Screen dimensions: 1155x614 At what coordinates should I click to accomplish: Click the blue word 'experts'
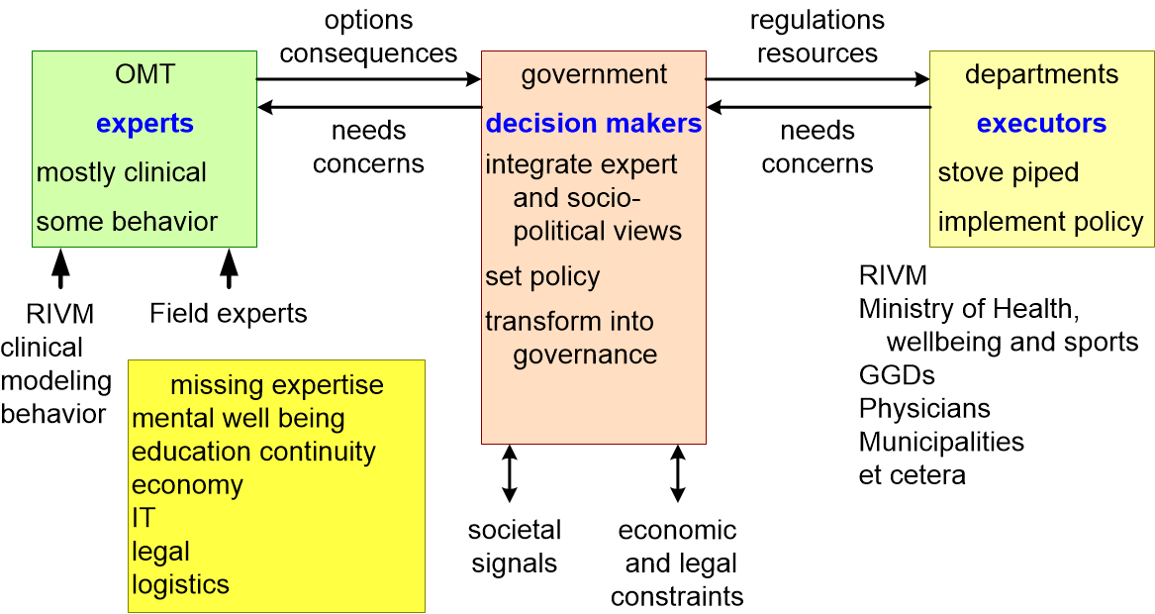pos(145,124)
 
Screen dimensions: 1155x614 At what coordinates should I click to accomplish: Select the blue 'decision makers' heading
pos(594,123)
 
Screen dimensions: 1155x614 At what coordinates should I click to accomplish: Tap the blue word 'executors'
pos(1041,123)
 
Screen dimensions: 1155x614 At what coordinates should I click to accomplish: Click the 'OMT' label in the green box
pos(145,73)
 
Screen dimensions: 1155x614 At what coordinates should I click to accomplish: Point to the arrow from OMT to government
pos(368,79)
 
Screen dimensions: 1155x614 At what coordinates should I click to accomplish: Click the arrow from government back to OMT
pos(370,108)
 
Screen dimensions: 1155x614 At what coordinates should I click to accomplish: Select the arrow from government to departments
pos(818,79)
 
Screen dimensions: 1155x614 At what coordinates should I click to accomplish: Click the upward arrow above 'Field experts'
pos(229,268)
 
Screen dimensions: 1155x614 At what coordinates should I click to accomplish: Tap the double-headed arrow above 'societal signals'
pos(509,473)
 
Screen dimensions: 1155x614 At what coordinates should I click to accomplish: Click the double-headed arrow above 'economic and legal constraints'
pos(678,473)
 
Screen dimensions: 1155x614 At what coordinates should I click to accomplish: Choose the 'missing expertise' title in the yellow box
pos(277,385)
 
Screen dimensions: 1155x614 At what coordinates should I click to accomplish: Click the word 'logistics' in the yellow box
pos(180,584)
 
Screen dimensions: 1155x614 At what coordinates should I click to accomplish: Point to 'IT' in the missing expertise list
pos(144,517)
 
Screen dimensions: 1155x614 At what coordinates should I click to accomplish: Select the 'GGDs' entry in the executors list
pos(897,375)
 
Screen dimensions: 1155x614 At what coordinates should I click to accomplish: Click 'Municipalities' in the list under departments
pos(941,442)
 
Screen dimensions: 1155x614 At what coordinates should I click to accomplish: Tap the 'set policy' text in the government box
pos(542,276)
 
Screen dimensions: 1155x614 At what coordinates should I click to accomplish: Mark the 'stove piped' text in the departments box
pos(1009,172)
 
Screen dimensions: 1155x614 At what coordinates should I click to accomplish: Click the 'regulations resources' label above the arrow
pos(818,37)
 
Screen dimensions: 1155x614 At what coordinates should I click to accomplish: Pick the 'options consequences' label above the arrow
pos(368,37)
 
